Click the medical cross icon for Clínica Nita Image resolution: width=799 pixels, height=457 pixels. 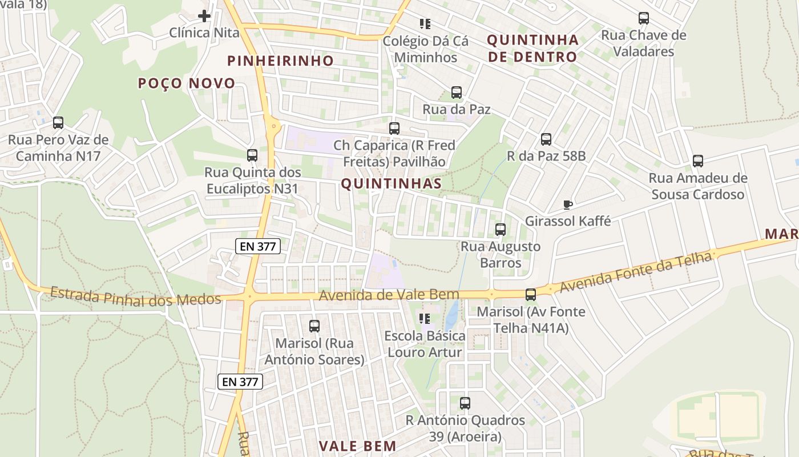[x=204, y=16]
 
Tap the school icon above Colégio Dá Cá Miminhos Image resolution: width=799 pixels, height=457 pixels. [x=425, y=24]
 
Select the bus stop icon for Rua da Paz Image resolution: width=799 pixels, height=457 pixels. [x=457, y=93]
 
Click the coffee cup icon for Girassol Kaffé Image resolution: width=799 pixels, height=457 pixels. [x=567, y=205]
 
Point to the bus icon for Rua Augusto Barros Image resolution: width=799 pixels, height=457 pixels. [x=501, y=230]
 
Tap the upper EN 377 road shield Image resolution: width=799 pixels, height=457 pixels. [x=257, y=247]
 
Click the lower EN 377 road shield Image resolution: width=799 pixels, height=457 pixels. [x=240, y=382]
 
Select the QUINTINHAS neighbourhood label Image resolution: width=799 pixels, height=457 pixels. [x=391, y=183]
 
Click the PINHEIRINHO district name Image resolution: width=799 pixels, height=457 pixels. [x=280, y=61]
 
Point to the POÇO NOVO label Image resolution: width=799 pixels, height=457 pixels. [x=187, y=83]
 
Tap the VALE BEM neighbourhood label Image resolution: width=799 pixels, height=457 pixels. [x=357, y=446]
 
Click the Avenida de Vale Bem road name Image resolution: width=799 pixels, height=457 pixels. [x=389, y=295]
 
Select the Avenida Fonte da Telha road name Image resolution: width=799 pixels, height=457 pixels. [x=636, y=273]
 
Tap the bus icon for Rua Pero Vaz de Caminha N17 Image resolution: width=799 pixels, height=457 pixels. [x=58, y=123]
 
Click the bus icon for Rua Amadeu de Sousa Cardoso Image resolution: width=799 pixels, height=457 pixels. [x=698, y=161]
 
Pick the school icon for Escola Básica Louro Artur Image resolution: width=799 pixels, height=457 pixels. [x=425, y=319]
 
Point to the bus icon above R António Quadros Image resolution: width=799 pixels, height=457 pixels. [x=465, y=403]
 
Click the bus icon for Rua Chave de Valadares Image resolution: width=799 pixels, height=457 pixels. [x=644, y=18]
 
